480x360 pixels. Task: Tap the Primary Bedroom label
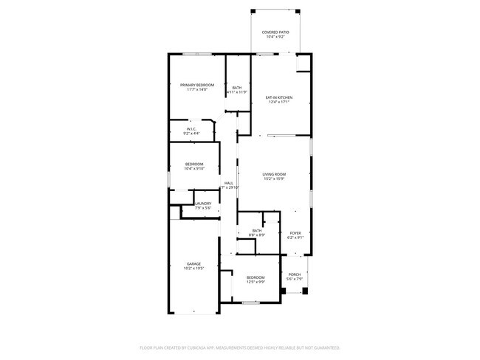(197, 86)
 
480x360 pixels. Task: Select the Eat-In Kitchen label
(280, 97)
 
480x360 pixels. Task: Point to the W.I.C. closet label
(191, 129)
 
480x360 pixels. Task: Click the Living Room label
(274, 174)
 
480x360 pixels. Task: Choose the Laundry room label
(203, 204)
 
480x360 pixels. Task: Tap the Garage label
(193, 263)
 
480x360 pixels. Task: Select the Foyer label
(295, 232)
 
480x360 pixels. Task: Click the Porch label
(294, 274)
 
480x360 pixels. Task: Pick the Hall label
(229, 184)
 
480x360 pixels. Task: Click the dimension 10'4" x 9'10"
(193, 168)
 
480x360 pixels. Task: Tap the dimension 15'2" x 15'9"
(274, 179)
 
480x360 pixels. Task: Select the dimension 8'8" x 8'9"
(256, 235)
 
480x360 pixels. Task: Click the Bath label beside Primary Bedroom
(237, 88)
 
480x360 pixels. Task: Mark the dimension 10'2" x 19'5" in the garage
(193, 268)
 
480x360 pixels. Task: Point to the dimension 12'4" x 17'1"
(280, 102)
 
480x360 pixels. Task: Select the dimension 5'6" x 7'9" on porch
(294, 279)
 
